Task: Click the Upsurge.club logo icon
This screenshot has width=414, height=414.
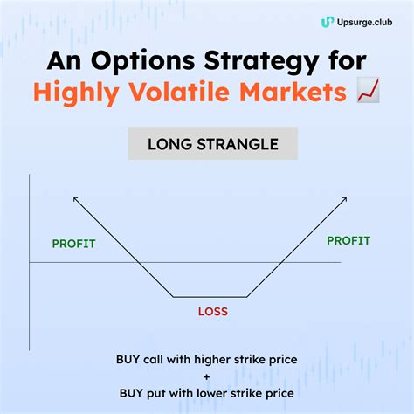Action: tap(328, 22)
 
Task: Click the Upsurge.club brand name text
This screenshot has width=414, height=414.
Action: tap(364, 22)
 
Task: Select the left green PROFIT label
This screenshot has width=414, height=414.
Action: tap(73, 244)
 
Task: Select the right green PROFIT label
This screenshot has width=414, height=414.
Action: tap(348, 239)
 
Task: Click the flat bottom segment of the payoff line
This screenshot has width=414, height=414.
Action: tap(208, 298)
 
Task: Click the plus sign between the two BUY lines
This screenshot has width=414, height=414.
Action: tap(206, 376)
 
